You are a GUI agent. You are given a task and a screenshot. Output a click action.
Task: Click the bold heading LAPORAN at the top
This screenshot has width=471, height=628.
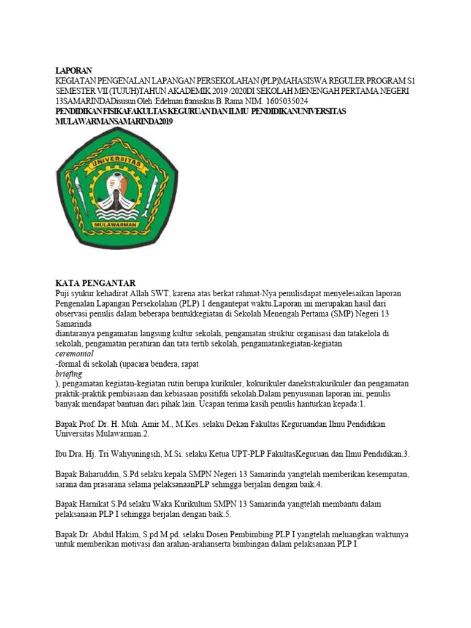[74, 71]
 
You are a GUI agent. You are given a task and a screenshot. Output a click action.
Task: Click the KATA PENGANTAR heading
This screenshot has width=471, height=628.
[95, 283]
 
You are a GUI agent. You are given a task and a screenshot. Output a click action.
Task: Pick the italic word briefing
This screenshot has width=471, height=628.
[68, 373]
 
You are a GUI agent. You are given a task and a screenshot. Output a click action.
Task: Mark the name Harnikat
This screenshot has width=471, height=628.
[102, 504]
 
